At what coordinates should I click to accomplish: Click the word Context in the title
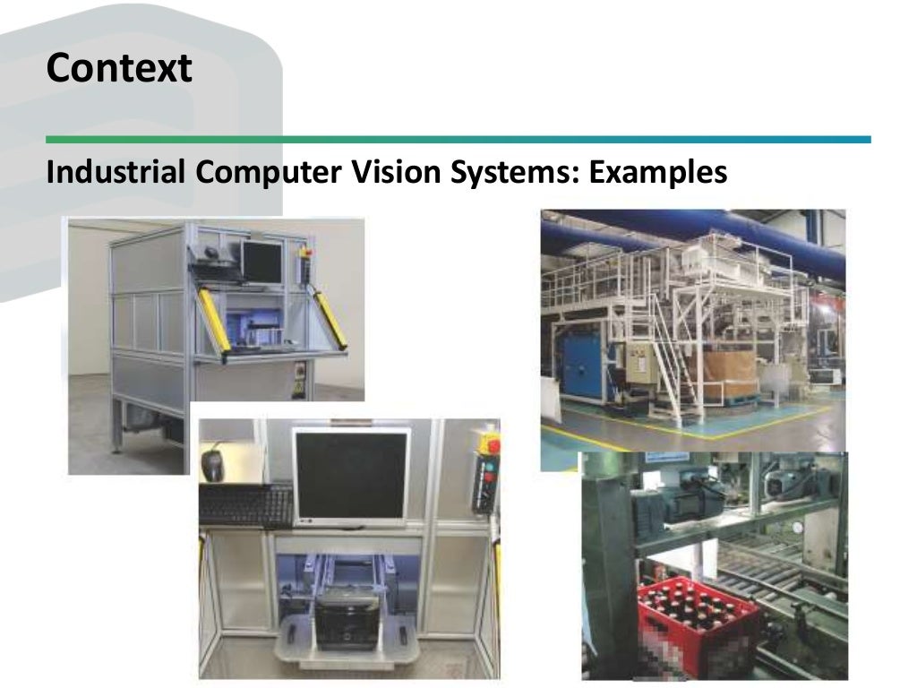point(119,68)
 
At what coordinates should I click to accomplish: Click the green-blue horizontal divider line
point(458,140)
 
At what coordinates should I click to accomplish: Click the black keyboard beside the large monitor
point(246,504)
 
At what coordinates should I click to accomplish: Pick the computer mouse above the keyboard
point(213,462)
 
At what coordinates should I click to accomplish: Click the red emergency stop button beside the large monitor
point(491,444)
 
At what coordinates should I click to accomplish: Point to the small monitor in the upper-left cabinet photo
point(261,260)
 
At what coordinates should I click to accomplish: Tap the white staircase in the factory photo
point(667,367)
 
